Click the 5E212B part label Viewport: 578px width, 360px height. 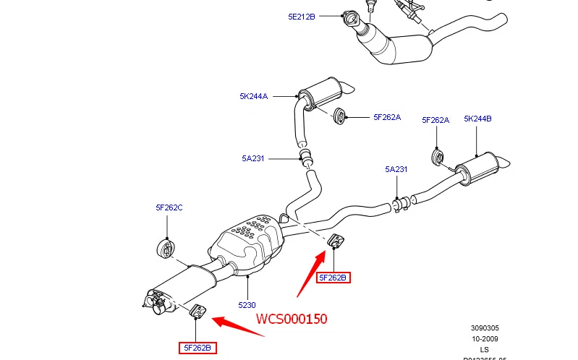coord(302,15)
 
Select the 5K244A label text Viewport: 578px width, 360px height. coord(254,96)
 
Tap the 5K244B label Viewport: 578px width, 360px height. coord(477,119)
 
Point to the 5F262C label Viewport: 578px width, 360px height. coord(169,207)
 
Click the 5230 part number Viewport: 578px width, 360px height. coord(247,305)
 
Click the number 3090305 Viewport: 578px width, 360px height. coord(484,327)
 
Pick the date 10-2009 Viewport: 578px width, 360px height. coord(484,338)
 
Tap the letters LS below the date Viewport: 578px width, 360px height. coord(484,349)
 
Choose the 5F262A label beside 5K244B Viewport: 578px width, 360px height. coord(435,120)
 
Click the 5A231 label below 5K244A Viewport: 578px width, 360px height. coord(253,158)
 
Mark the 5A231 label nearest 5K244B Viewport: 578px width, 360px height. coord(396,170)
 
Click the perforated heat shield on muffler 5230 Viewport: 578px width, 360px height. coord(248,235)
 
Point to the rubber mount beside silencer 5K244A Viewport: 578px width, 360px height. coord(340,116)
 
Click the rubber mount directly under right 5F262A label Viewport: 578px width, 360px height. coord(438,157)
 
